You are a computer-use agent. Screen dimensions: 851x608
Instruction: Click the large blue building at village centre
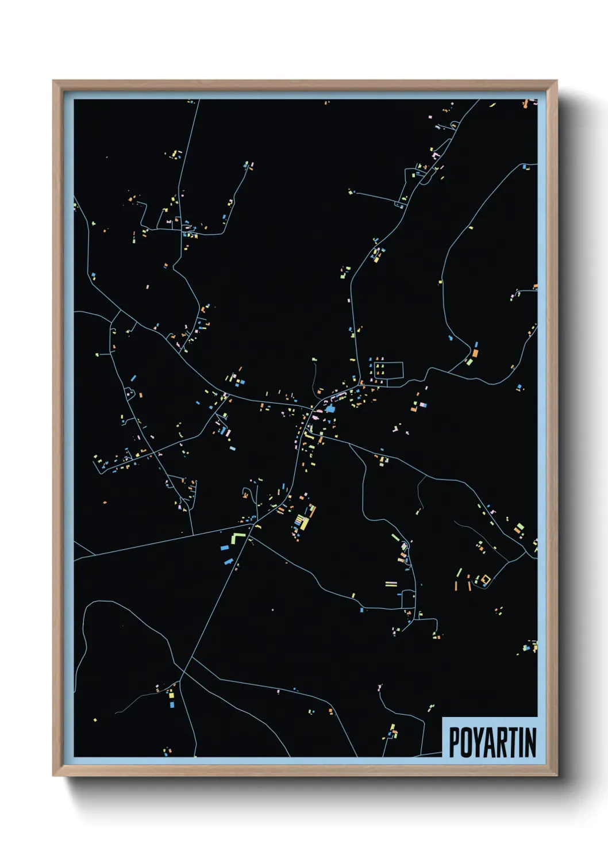(x=330, y=408)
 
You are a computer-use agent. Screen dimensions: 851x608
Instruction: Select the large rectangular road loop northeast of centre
(x=388, y=370)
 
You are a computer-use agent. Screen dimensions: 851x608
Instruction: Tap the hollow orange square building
(x=485, y=579)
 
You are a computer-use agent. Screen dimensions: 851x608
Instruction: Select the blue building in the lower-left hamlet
(x=171, y=704)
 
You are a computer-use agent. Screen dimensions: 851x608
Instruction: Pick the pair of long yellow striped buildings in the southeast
(x=391, y=584)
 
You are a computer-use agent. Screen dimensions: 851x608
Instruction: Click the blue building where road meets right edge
(x=525, y=167)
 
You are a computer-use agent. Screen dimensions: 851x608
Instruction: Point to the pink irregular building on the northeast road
(x=436, y=155)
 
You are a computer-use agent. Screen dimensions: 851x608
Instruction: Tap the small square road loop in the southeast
(x=408, y=598)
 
